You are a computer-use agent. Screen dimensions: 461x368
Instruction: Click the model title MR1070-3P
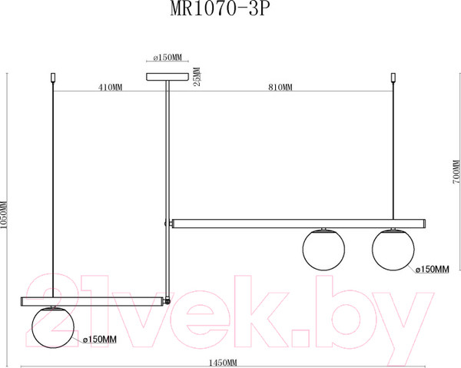(220, 9)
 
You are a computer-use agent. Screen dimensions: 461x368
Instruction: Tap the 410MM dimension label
(110, 88)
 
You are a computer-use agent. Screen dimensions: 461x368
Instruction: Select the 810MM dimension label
(280, 88)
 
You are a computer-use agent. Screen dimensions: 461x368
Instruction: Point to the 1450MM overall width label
(223, 363)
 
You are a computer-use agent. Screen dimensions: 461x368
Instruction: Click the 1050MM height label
(4, 215)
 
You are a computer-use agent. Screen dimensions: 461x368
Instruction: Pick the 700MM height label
(456, 172)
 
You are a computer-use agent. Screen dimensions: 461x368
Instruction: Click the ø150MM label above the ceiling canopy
(167, 58)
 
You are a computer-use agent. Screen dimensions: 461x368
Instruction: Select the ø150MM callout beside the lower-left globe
(99, 340)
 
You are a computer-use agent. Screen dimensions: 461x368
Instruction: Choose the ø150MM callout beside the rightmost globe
(432, 269)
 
